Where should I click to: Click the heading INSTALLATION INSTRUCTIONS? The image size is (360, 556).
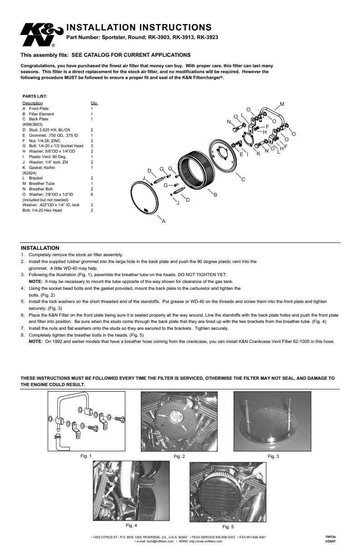[139, 27]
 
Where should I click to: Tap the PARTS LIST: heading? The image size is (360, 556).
[35, 96]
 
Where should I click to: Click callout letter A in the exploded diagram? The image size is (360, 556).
[164, 221]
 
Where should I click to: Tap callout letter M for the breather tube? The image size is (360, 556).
[282, 104]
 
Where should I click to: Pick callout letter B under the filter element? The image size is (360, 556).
[215, 195]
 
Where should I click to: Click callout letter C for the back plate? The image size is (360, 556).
[243, 180]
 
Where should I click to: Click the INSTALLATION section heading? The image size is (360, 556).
[40, 248]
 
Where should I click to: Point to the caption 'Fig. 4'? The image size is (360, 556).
[131, 525]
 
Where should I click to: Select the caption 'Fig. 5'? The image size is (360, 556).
[228, 527]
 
